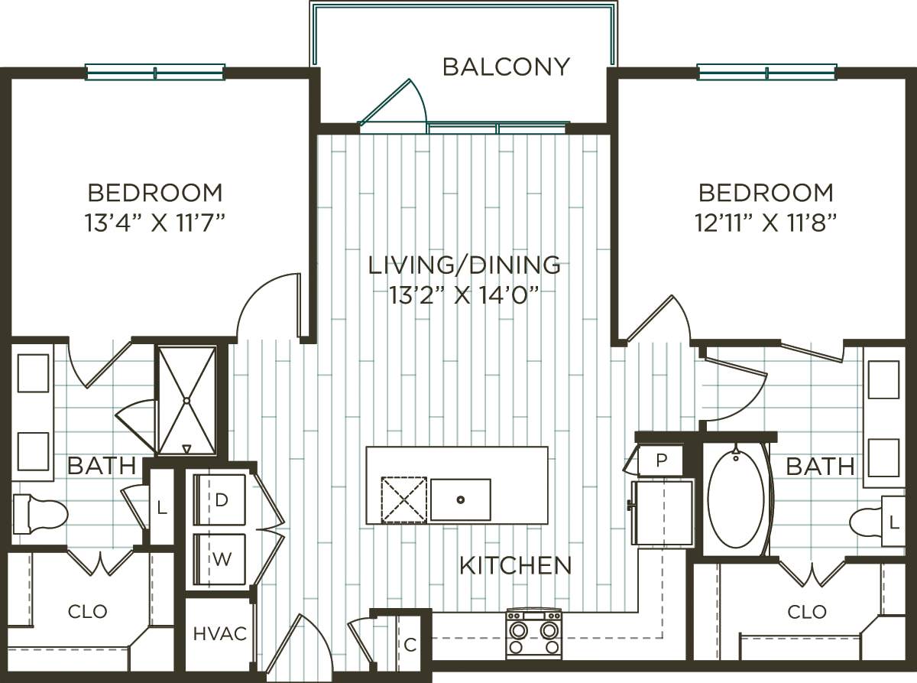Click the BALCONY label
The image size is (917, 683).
point(506,67)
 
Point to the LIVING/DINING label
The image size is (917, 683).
point(464,265)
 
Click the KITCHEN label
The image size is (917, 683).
point(515,566)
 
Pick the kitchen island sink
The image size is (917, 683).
point(460,499)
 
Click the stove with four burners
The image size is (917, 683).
point(533,633)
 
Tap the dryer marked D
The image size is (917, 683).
point(221,500)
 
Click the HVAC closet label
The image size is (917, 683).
point(219,634)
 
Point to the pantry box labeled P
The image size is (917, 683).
point(659,461)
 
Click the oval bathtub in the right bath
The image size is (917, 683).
point(735,499)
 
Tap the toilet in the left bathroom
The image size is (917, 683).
point(40,512)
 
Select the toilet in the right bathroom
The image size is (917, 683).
point(867,522)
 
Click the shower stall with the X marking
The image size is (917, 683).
point(186,400)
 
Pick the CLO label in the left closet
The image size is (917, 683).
point(88,612)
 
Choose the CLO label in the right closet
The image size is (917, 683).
point(807,612)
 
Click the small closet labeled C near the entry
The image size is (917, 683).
point(410,644)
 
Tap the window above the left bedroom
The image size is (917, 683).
point(155,73)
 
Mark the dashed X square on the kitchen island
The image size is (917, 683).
point(403,499)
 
